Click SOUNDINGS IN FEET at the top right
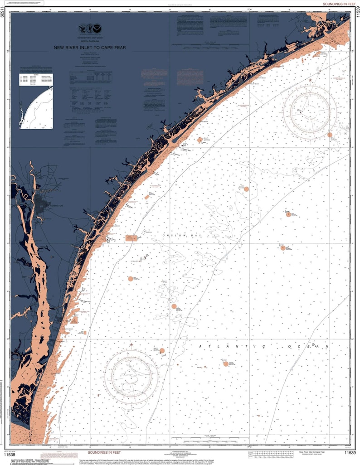click(x=338, y=4)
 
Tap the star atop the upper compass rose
click(x=310, y=80)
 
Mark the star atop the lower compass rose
click(x=131, y=345)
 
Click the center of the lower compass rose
click(x=131, y=375)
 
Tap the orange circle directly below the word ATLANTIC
click(x=226, y=363)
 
